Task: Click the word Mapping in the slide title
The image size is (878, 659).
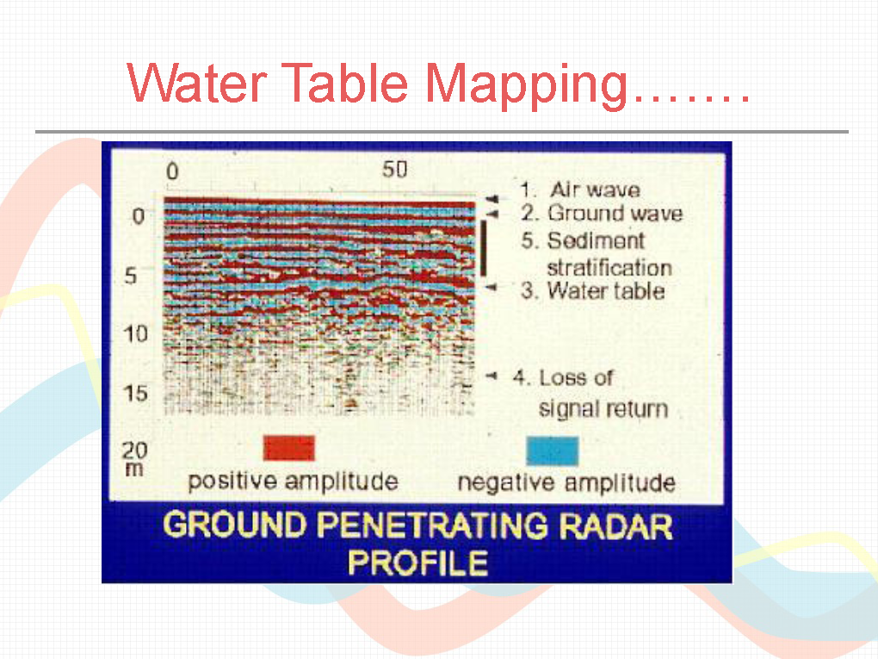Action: [x=526, y=85]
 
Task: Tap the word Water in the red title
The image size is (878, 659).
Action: [x=197, y=83]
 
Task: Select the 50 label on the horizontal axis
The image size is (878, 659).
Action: [x=395, y=169]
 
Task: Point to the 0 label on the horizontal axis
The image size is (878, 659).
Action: [x=172, y=171]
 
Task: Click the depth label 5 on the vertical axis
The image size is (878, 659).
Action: [x=131, y=276]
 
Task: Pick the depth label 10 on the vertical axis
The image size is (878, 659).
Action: [x=135, y=334]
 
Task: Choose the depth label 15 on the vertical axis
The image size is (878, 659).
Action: [x=135, y=394]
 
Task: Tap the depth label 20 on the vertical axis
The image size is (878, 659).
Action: [x=135, y=450]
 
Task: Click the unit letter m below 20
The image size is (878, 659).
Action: [x=134, y=469]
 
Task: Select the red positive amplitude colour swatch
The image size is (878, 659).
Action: [x=289, y=448]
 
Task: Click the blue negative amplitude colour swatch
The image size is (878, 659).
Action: [x=552, y=451]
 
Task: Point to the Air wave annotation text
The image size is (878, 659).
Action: [x=595, y=190]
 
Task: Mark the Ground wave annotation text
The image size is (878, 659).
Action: [x=615, y=214]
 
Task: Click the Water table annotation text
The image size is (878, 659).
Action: [x=606, y=291]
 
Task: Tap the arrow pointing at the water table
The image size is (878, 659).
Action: [x=491, y=288]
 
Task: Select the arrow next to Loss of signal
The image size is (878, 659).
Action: [x=491, y=376]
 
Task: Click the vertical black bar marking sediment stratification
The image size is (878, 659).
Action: [x=483, y=248]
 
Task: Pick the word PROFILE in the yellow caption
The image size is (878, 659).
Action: [x=417, y=563]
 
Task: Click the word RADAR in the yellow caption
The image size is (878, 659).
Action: [x=615, y=526]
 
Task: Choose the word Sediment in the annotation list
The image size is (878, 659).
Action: [x=596, y=241]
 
